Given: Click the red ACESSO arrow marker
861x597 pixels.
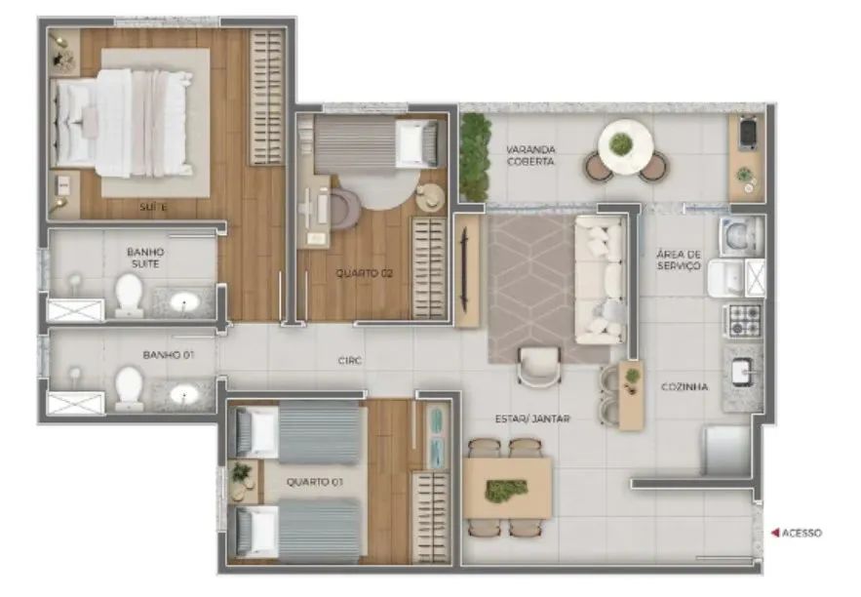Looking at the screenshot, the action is (x=775, y=533).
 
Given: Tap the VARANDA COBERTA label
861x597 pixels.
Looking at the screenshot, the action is (x=530, y=155).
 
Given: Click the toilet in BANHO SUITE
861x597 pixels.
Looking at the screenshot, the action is (x=130, y=296).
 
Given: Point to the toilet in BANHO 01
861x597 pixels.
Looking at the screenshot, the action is (x=130, y=389).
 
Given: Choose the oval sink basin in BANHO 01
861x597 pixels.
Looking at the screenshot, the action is (x=184, y=394).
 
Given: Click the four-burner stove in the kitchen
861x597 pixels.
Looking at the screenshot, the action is (x=744, y=321).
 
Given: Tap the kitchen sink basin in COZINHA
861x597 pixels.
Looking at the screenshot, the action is (x=743, y=372).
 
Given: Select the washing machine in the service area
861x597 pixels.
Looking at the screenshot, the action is (x=741, y=236).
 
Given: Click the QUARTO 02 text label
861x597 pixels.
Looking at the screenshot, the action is (x=364, y=273).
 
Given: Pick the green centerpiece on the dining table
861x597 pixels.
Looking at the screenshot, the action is (x=506, y=490).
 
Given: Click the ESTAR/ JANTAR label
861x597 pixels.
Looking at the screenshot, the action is (x=532, y=418).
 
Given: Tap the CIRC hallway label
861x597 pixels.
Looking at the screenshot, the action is (x=349, y=360).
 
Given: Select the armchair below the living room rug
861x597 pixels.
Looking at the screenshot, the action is (x=539, y=367).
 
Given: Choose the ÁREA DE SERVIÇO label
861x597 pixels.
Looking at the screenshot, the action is (x=679, y=259).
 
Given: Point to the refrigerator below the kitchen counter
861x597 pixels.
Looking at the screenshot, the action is (x=727, y=451).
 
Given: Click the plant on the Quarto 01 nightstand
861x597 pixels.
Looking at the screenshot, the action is (x=240, y=472).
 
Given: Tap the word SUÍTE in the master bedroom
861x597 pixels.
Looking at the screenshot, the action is (x=153, y=207).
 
